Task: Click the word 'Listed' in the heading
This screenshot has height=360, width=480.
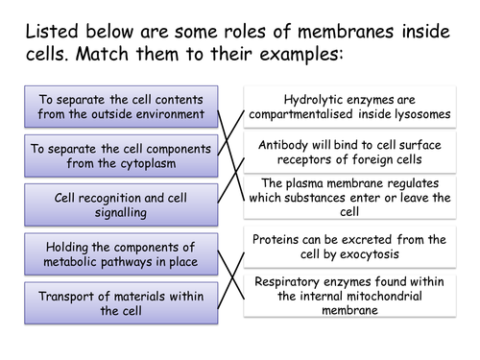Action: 47,26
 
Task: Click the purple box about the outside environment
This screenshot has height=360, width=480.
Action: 121,107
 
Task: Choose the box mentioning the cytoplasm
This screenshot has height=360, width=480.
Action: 121,156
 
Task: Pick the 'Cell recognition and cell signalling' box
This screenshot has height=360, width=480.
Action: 121,204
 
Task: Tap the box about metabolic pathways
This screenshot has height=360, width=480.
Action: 121,253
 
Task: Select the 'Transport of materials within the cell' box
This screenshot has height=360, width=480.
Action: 121,302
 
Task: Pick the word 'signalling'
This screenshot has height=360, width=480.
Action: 121,212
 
